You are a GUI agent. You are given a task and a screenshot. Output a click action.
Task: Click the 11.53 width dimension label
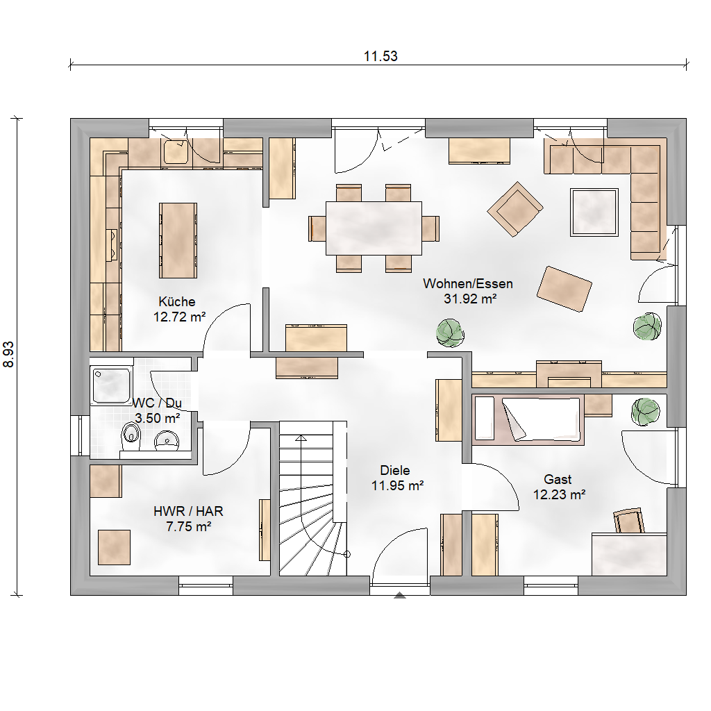pyautogui.click(x=380, y=56)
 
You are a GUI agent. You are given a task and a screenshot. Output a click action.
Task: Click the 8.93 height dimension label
pyautogui.click(x=8, y=354)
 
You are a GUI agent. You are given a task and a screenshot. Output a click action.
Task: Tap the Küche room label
pyautogui.click(x=177, y=301)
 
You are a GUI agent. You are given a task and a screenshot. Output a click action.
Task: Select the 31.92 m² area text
pyautogui.click(x=470, y=299)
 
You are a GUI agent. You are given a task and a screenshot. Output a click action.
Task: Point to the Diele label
pyautogui.click(x=395, y=470)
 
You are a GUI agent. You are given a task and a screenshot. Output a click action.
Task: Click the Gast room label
pyautogui.click(x=558, y=479)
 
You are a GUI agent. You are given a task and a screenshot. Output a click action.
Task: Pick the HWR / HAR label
pyautogui.click(x=188, y=512)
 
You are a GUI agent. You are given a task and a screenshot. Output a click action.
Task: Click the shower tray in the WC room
pyautogui.click(x=112, y=385)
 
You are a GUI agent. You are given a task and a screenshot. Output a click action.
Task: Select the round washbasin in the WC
pyautogui.click(x=167, y=440)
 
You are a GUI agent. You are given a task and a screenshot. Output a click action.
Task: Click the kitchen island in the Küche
pyautogui.click(x=178, y=240)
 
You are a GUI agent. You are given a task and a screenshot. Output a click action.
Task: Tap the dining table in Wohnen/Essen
pyautogui.click(x=374, y=228)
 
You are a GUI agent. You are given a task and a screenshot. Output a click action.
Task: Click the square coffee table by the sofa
pyautogui.click(x=594, y=212)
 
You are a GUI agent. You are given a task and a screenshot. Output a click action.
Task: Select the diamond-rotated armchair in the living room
pyautogui.click(x=515, y=209)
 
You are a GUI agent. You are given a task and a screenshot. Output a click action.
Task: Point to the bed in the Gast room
pyautogui.click(x=528, y=419)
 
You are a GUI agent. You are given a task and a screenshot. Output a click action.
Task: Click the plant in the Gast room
pyautogui.click(x=646, y=412)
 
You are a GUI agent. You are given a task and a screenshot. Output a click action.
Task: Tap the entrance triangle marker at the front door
pyautogui.click(x=399, y=595)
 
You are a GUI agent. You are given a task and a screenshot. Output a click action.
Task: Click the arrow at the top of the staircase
pyautogui.click(x=301, y=438)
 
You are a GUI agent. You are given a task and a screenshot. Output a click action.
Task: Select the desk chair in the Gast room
pyautogui.click(x=628, y=521)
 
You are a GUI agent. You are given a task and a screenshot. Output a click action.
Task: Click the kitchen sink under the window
pyautogui.click(x=176, y=151)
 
